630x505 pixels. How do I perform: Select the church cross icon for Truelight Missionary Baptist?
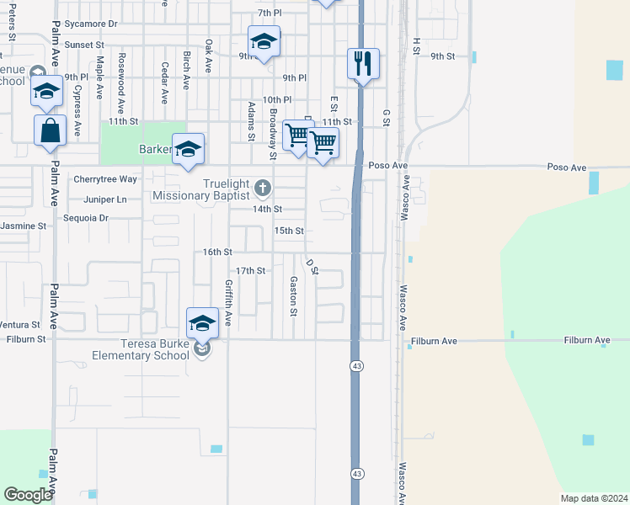(263, 187)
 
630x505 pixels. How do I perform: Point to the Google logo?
(28, 495)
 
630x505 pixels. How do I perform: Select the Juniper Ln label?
(105, 199)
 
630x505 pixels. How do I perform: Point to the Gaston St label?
(294, 296)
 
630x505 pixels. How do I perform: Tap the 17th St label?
(250, 271)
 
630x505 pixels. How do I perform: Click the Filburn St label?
(26, 339)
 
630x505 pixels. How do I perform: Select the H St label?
(416, 46)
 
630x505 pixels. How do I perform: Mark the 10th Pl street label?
(276, 99)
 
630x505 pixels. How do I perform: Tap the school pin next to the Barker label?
(189, 149)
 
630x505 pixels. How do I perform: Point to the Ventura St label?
(20, 324)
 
